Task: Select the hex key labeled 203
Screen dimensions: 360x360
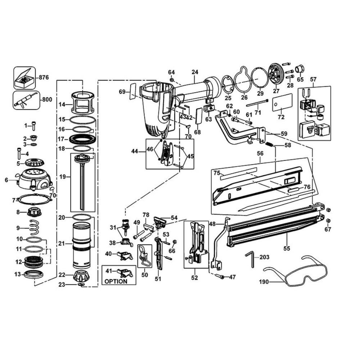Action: [251, 259]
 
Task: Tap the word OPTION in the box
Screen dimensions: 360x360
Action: [116, 281]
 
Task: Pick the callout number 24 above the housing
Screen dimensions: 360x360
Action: [195, 72]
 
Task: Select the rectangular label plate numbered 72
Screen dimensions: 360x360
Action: [281, 103]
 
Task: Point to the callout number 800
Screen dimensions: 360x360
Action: [47, 100]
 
